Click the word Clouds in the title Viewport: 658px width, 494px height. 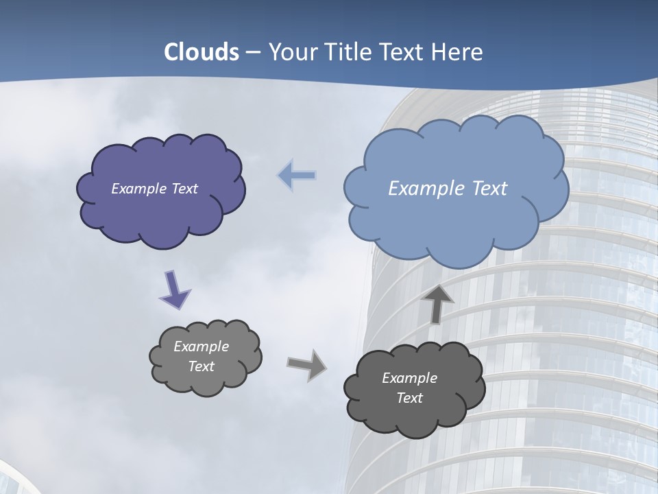click(202, 52)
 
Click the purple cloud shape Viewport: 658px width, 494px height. click(161, 213)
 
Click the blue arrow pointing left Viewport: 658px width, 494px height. click(297, 176)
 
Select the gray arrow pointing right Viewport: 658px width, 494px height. click(307, 364)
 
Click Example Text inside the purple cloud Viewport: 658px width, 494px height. click(154, 189)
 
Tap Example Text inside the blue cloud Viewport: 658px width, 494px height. click(448, 189)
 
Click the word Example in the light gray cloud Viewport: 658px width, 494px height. click(201, 346)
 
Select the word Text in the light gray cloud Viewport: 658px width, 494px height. click(201, 366)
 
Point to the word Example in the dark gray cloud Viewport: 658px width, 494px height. click(409, 378)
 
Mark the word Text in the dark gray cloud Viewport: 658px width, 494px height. click(409, 398)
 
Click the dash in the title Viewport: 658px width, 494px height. click(253, 52)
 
